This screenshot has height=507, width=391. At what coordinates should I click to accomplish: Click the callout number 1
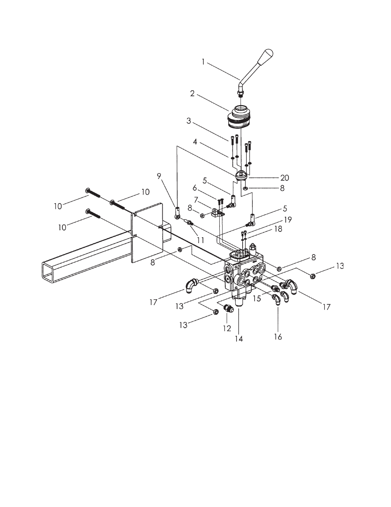(x=203, y=62)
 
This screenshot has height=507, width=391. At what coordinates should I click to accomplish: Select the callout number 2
(x=192, y=93)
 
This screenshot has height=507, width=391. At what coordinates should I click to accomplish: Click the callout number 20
(x=284, y=178)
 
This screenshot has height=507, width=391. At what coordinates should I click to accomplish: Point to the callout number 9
(x=159, y=176)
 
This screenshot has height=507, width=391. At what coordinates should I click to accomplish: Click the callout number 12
(x=227, y=328)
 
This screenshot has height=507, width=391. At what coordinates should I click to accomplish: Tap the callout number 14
(x=239, y=339)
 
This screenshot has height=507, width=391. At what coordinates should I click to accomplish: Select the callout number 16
(x=278, y=337)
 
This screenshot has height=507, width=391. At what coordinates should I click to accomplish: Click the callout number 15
(x=257, y=298)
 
